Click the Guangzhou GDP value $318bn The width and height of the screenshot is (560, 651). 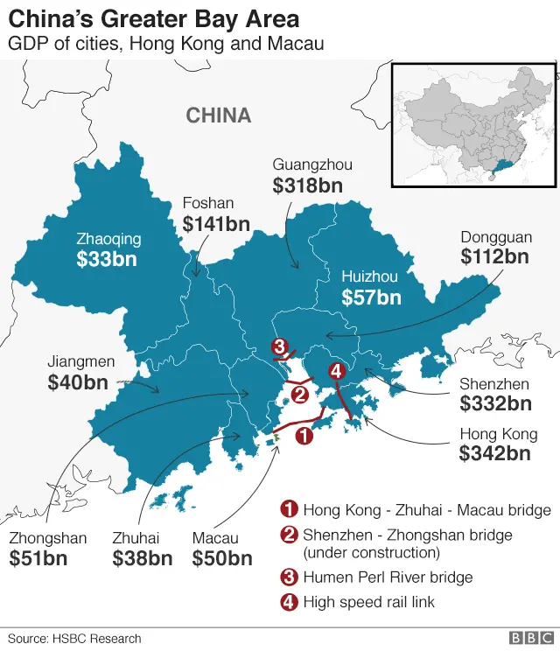click(307, 185)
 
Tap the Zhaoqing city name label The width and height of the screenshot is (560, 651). click(108, 238)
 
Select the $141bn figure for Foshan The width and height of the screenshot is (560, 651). click(216, 224)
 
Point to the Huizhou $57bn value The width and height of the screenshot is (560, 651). click(371, 297)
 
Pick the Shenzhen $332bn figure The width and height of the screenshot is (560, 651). click(495, 403)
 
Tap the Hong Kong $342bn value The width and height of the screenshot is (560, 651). click(494, 453)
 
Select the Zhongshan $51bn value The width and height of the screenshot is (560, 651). click(38, 558)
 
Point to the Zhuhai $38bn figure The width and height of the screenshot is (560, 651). click(142, 558)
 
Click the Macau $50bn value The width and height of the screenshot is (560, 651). click(222, 558)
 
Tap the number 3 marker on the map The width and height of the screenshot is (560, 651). click(279, 346)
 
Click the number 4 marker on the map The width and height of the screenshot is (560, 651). click(337, 372)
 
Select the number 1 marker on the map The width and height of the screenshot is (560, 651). click(304, 435)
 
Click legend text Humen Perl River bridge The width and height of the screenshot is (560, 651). click(388, 577)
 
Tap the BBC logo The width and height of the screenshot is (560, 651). click(528, 639)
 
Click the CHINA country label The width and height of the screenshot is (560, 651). click(219, 115)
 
